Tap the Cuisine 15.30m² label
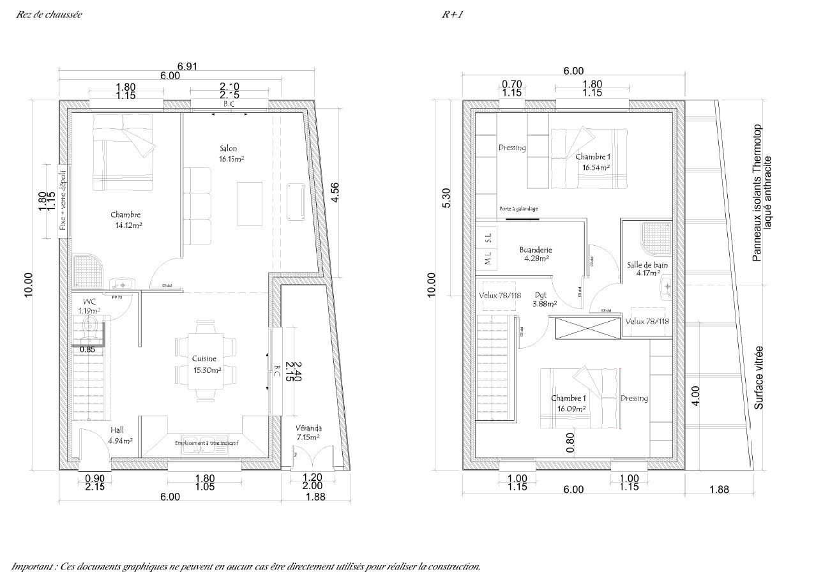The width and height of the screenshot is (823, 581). click(x=207, y=364)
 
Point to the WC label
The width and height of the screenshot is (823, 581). click(x=89, y=302)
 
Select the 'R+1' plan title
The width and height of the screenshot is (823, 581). click(x=452, y=14)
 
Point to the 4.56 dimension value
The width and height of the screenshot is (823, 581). click(x=335, y=193)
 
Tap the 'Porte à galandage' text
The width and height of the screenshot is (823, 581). click(x=518, y=209)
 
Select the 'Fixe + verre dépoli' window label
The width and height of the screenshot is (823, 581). click(x=63, y=200)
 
